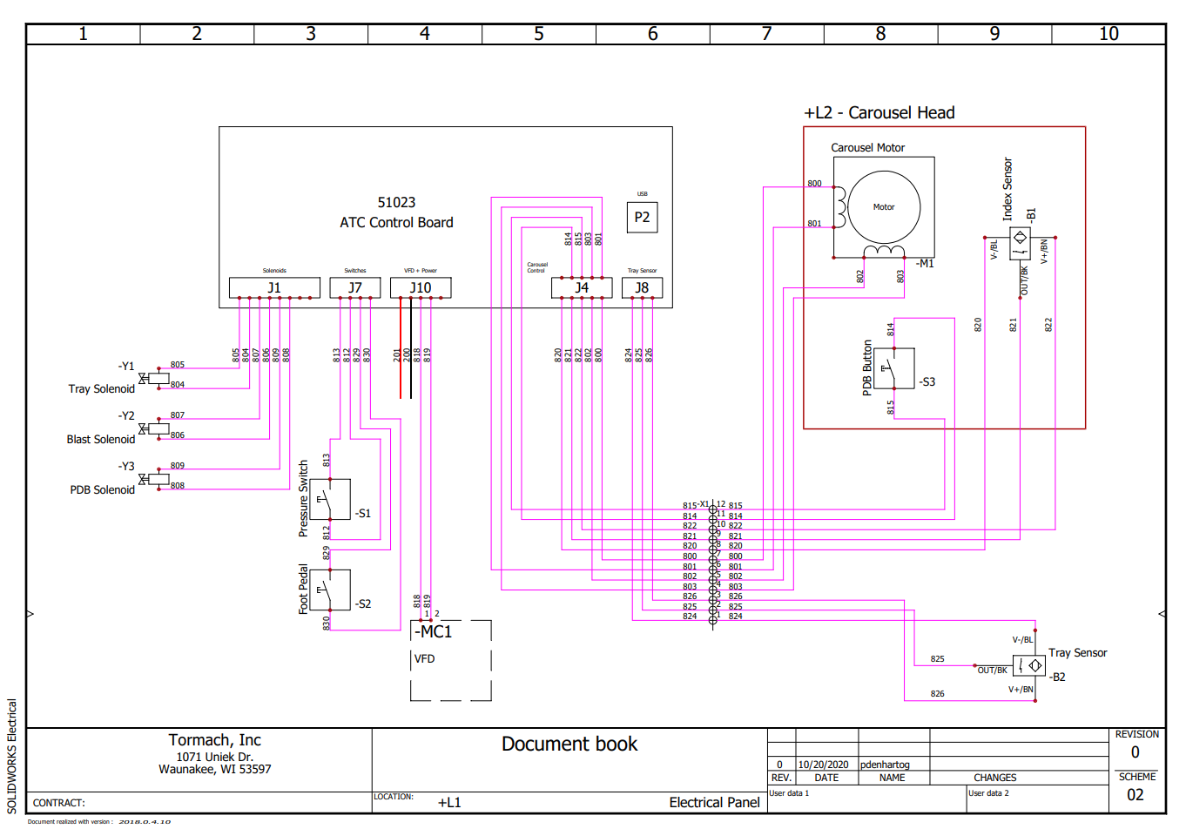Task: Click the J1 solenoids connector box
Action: [x=274, y=287]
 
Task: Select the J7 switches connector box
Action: [x=354, y=287]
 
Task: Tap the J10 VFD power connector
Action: [x=421, y=287]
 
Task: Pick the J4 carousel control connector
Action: [x=582, y=287]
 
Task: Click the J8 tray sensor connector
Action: [x=642, y=287]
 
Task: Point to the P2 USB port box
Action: [x=642, y=217]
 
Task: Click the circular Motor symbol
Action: [x=884, y=207]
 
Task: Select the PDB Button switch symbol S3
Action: [x=893, y=368]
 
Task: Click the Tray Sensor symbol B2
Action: [x=1029, y=665]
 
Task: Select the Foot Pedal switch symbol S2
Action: [x=330, y=590]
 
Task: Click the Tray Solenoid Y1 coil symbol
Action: [x=158, y=378]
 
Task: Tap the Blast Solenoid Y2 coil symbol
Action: [x=158, y=428]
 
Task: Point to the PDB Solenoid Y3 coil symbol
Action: [x=158, y=479]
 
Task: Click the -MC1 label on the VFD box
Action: [x=434, y=631]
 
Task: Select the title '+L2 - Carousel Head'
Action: [x=879, y=113]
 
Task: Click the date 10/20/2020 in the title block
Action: [x=823, y=765]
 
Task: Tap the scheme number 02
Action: [x=1135, y=794]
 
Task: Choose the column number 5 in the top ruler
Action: [x=539, y=34]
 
